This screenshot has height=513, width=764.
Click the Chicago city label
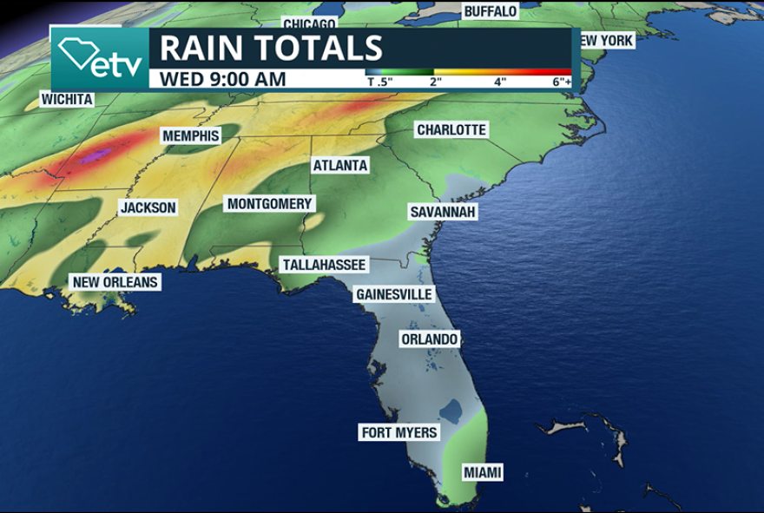click(309, 23)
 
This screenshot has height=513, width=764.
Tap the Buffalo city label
click(491, 11)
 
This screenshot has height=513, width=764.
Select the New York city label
click(605, 41)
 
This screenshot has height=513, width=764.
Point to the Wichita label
click(67, 100)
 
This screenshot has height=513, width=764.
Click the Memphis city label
click(191, 136)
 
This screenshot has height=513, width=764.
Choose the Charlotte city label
click(451, 130)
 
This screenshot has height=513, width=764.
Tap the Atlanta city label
click(340, 165)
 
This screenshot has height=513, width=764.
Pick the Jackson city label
click(148, 207)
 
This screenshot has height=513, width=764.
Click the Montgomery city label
click(269, 204)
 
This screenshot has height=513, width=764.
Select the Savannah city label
click(443, 212)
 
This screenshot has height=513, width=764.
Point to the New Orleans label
click(115, 282)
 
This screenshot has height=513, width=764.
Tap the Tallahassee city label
click(324, 264)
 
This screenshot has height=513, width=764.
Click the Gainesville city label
click(394, 294)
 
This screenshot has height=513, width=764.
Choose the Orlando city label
click(429, 339)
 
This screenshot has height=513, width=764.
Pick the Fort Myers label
click(399, 432)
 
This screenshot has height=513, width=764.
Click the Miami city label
click(482, 473)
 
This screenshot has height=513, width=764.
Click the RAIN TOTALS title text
click(271, 48)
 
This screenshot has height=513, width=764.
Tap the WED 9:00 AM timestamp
click(223, 79)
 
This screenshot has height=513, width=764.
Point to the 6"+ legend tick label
click(562, 82)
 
